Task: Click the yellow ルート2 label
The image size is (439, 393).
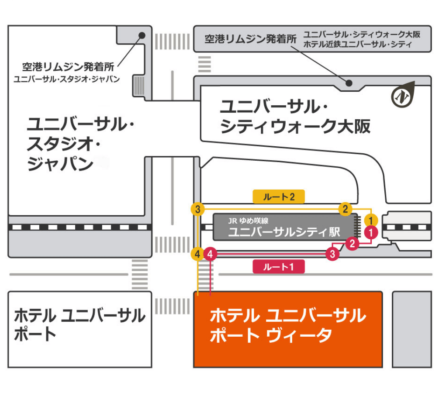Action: (279, 197)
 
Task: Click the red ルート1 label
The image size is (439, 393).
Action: (278, 266)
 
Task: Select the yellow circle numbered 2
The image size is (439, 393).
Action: (346, 209)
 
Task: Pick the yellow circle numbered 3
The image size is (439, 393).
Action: (198, 209)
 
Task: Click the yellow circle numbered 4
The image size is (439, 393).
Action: (198, 253)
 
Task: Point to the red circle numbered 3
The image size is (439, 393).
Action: (333, 253)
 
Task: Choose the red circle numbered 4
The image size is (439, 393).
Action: (211, 253)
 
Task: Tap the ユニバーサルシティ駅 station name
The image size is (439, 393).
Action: (284, 232)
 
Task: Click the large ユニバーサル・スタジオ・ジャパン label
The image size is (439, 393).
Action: (81, 144)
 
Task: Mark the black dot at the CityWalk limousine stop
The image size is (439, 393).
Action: (349, 83)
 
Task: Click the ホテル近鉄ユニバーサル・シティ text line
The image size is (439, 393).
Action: (358, 44)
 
